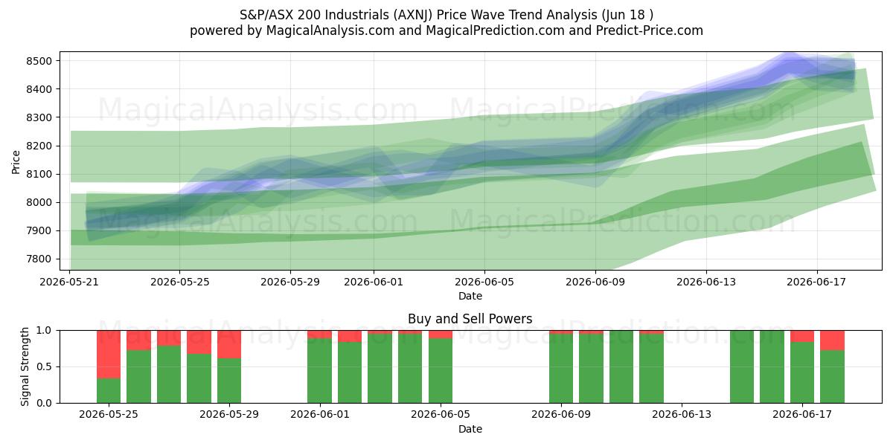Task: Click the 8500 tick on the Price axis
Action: (x=39, y=61)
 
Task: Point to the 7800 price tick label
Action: (x=39, y=259)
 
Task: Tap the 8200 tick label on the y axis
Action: (x=39, y=146)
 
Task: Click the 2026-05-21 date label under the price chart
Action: (x=69, y=282)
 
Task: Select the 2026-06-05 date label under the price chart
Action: (x=484, y=282)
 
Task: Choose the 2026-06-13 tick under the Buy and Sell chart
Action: (x=682, y=415)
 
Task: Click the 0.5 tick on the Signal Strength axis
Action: (x=44, y=366)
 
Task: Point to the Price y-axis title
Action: (x=16, y=162)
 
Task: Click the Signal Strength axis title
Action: (x=25, y=366)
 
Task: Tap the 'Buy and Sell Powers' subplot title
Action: (x=470, y=319)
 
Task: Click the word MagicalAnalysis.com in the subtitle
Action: (x=330, y=30)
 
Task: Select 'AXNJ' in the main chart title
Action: (x=412, y=15)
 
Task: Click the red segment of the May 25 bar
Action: (x=109, y=355)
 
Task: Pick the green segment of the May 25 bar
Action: (x=109, y=391)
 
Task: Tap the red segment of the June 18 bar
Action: (x=833, y=340)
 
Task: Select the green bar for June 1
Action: (x=320, y=371)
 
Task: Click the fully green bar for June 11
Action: (x=621, y=366)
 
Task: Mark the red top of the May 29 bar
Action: (x=229, y=344)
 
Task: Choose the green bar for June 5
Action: (x=441, y=371)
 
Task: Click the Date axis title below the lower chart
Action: (x=470, y=429)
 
